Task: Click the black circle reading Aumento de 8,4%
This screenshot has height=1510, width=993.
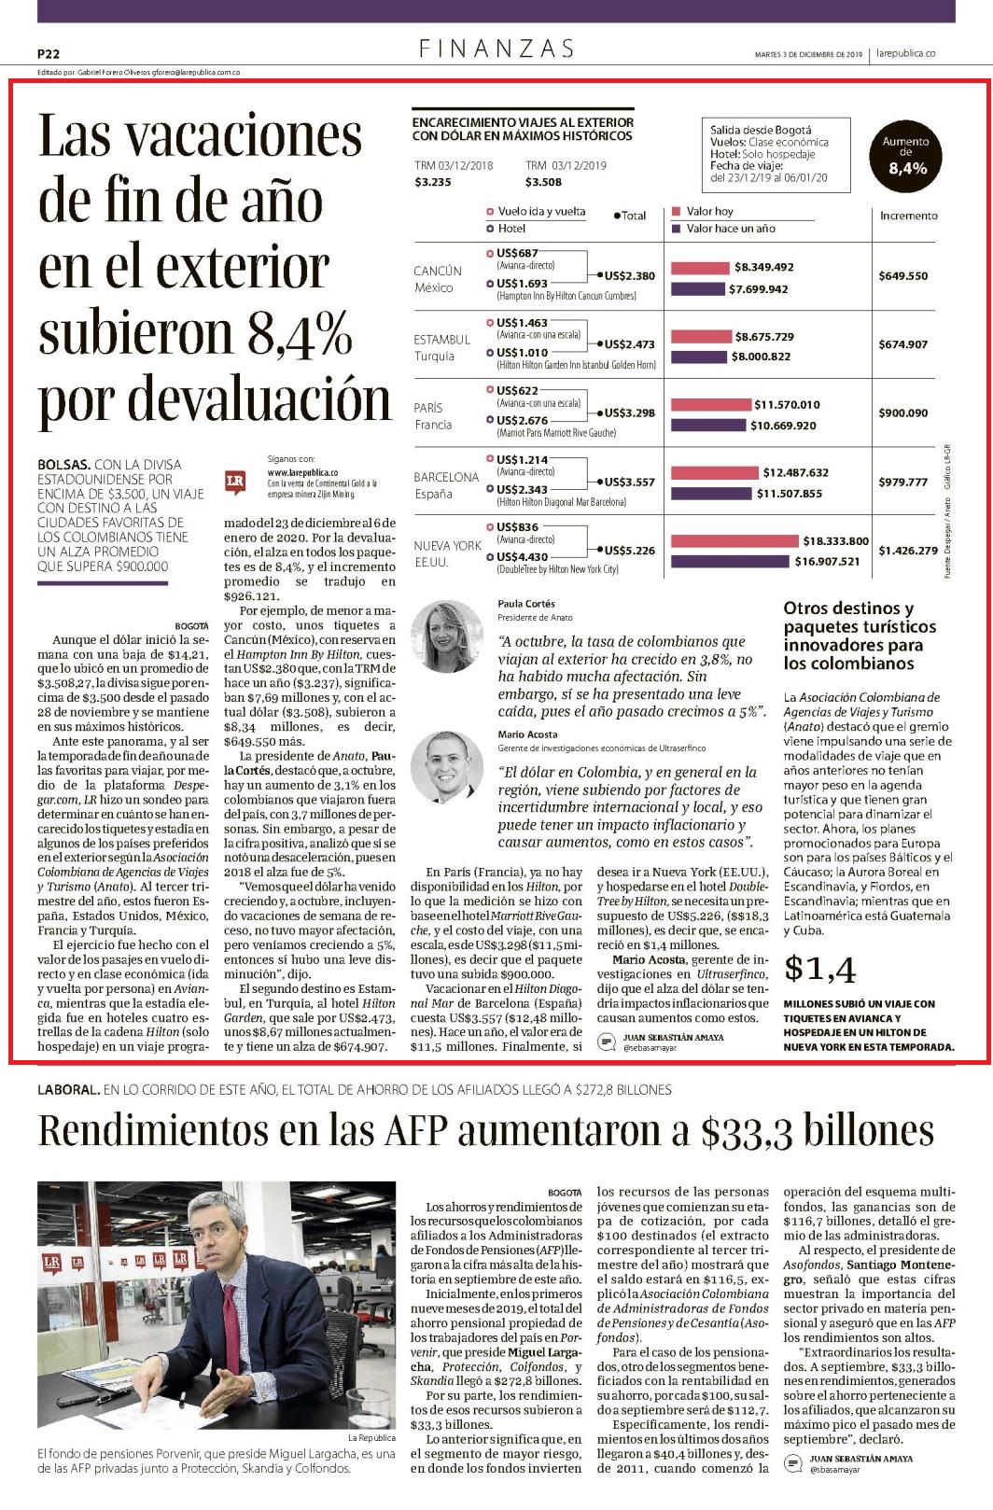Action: click(x=905, y=156)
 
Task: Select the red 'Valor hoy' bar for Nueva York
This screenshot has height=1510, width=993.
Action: click(x=734, y=540)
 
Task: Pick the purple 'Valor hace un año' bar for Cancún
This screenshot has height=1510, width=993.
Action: click(x=698, y=289)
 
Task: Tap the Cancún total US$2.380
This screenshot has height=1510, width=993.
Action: click(x=629, y=275)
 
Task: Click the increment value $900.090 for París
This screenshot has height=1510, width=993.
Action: click(x=902, y=412)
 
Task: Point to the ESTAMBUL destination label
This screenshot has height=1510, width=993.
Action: click(x=441, y=340)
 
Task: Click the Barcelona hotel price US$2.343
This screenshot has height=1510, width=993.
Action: click(x=522, y=489)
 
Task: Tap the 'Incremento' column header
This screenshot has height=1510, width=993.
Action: click(x=909, y=216)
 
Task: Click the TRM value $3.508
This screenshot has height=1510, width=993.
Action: click(x=542, y=182)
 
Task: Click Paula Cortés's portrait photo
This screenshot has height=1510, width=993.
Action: click(x=447, y=636)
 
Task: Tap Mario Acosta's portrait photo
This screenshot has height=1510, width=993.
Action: click(x=447, y=766)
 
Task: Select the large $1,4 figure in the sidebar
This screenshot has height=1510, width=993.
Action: click(x=819, y=969)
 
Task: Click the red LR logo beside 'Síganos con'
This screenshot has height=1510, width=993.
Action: click(x=235, y=482)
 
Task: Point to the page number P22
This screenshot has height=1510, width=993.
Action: click(x=49, y=54)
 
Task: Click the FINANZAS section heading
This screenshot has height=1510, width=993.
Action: click(x=496, y=49)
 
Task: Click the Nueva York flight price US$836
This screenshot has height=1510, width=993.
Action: click(x=517, y=527)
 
